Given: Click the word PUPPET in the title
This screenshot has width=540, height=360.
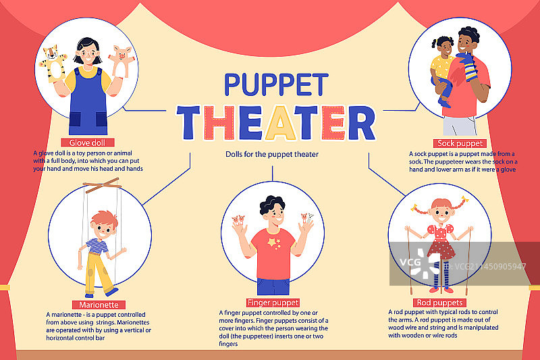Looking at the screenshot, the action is (x=276, y=84).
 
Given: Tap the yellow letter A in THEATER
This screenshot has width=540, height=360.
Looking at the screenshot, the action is (x=280, y=123).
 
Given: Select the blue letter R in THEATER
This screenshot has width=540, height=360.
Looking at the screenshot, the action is (x=362, y=123).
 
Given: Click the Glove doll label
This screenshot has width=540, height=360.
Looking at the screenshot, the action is (x=88, y=143).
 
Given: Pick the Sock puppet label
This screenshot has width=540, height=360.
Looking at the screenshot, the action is (x=460, y=143).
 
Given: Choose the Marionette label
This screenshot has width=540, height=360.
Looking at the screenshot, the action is (x=99, y=305).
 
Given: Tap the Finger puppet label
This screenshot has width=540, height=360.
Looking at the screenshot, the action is (x=273, y=303).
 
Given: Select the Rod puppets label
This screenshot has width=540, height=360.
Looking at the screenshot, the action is (x=440, y=303).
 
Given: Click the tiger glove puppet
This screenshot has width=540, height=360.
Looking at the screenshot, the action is (x=53, y=64).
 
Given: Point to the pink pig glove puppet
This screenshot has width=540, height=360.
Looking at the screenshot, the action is (x=121, y=61).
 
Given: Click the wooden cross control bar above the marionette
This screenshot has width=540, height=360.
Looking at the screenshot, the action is (x=102, y=185).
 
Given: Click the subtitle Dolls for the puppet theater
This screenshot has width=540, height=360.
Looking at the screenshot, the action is (x=272, y=155).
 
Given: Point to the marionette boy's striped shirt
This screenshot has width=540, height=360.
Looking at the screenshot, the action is (x=97, y=246).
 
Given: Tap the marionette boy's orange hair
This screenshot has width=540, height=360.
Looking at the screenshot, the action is (x=105, y=218).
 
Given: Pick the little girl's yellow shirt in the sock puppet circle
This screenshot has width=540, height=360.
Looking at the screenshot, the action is (x=441, y=68).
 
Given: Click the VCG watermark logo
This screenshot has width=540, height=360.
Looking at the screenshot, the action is (x=421, y=263).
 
